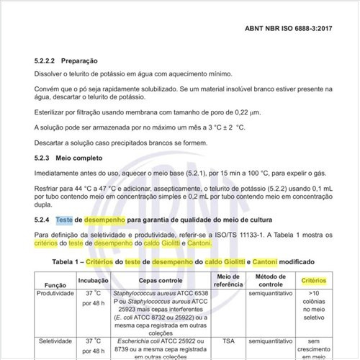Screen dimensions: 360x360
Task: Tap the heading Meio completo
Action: click(x=80, y=158)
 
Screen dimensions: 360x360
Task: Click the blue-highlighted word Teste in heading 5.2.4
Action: click(x=64, y=219)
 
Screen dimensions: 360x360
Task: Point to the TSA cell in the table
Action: click(x=228, y=341)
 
